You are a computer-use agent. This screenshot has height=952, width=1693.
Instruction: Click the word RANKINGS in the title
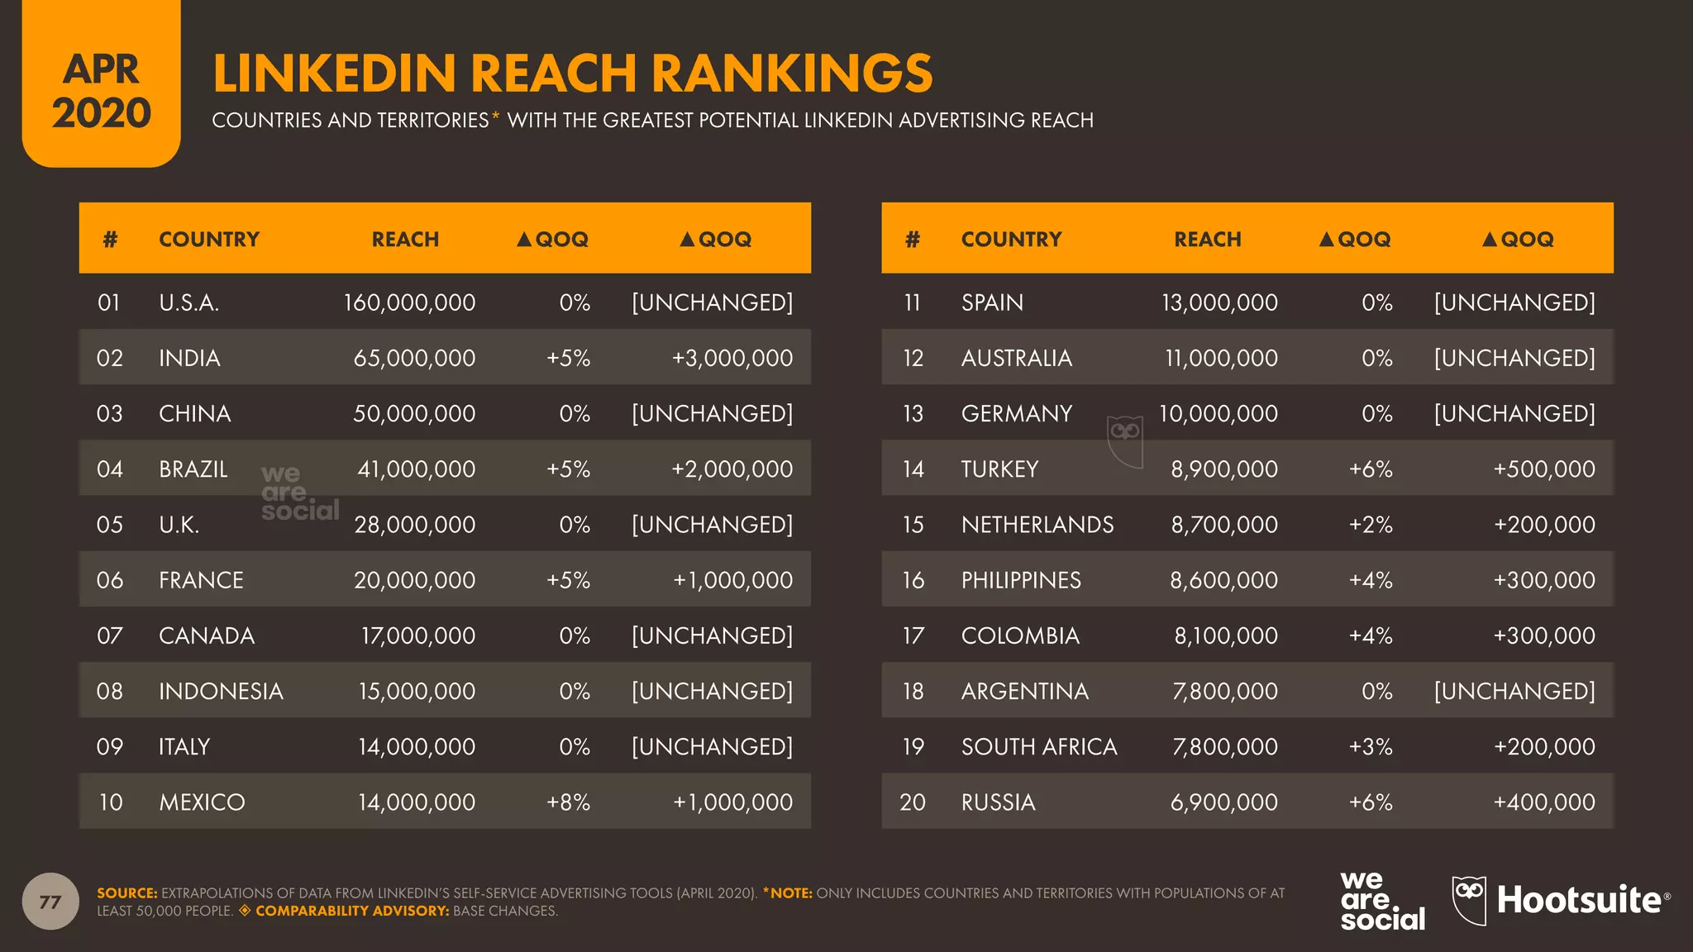tap(792, 73)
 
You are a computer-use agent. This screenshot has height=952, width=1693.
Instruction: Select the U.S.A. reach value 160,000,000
tap(409, 302)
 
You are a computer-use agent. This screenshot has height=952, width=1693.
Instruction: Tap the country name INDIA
tap(189, 358)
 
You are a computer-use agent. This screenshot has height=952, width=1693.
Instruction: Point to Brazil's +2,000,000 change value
tap(732, 469)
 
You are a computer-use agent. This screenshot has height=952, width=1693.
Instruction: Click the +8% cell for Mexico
tap(568, 802)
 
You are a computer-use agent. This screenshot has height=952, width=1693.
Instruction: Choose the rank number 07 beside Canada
tap(110, 635)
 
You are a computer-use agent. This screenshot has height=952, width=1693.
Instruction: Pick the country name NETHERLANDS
tap(1037, 525)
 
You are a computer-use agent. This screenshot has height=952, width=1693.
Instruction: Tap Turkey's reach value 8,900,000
tap(1223, 469)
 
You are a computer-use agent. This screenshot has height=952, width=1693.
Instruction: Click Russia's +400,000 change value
tap(1543, 802)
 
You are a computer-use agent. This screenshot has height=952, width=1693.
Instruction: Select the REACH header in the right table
tap(1208, 240)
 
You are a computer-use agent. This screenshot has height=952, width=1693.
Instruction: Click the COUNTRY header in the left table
tap(209, 240)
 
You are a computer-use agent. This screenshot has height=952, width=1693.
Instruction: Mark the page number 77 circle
tap(50, 902)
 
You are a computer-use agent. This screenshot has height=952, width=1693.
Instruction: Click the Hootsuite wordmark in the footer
tap(1579, 900)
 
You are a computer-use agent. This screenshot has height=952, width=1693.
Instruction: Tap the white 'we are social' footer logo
tap(1382, 901)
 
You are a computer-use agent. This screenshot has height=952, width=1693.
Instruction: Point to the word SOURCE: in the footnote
tap(126, 893)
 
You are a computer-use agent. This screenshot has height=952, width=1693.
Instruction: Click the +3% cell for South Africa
tap(1371, 747)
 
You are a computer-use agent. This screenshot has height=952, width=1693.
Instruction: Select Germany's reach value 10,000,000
tap(1218, 414)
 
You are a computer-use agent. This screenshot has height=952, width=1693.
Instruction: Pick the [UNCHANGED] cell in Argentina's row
tap(1514, 692)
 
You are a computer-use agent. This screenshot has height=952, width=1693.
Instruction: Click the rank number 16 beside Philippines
tap(913, 580)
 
